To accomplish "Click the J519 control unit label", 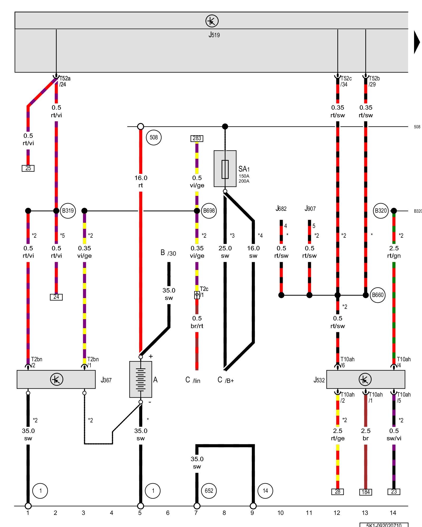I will coord(214,35).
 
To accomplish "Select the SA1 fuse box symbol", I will coord(225,169).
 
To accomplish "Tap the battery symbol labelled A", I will coord(141,379).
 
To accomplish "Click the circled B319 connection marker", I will coord(68,211).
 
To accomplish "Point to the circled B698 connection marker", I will coord(209,211).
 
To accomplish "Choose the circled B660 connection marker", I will coord(377,295).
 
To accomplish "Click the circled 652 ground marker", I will coord(209,491).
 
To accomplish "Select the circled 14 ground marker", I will coord(265,491).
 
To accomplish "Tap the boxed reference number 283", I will coord(197,138).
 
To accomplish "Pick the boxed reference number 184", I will coord(366,492).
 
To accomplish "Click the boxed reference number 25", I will coord(28,168).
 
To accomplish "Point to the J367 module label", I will coord(106,380).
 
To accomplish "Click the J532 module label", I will coord(319,380).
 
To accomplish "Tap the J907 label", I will coord(310,209).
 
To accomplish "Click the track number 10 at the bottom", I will coord(280,513).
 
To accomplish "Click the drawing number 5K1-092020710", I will coord(384,525).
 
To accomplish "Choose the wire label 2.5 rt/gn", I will coord(394,252).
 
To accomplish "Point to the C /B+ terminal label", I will coord(226,380).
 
